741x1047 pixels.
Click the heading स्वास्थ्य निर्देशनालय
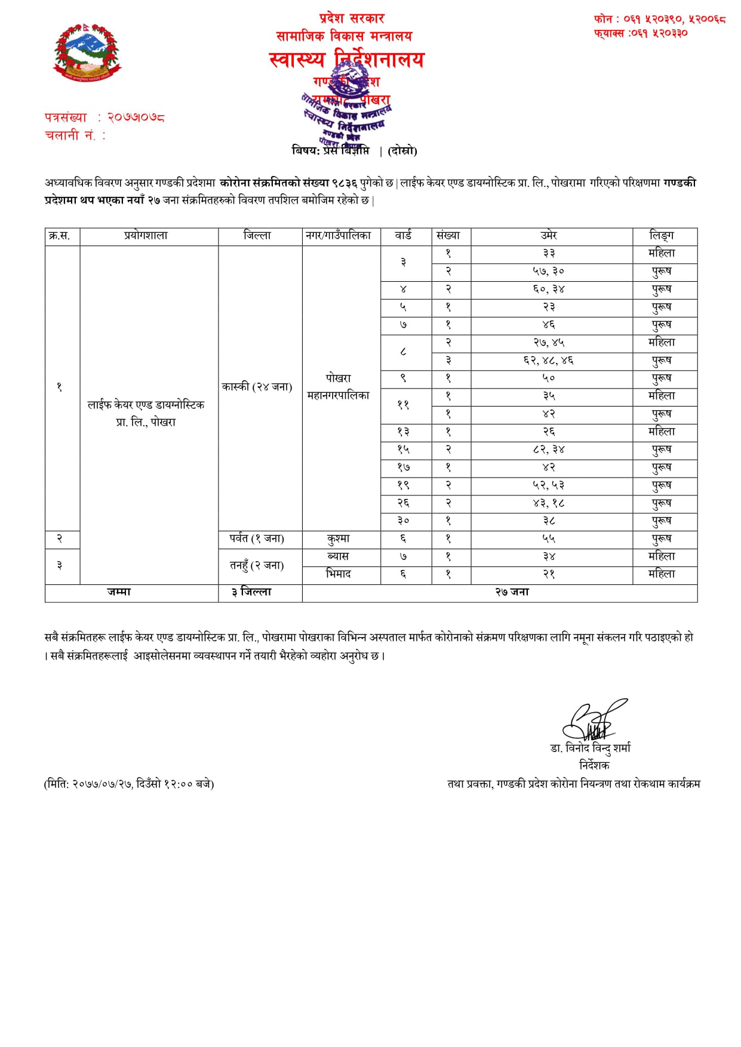coord(346,60)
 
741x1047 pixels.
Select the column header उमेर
coord(549,236)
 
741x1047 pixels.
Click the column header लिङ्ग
coord(662,236)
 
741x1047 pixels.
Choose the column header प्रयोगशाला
coord(146,236)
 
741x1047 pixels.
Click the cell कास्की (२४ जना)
coord(257,387)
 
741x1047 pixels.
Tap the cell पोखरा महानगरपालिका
coord(339,387)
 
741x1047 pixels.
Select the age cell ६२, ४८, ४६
coord(549,361)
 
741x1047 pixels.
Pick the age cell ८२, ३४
coord(549,449)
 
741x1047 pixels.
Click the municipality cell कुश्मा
coord(339,538)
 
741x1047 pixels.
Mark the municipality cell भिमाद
coord(339,574)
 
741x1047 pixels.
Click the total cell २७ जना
coord(512,592)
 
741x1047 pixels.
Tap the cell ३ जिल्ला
coord(251,592)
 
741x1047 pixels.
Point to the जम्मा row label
coord(119,592)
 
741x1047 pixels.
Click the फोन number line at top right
coord(659,20)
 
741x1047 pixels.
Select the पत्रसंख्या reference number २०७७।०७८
coord(136,118)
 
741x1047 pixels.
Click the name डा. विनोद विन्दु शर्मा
coord(591,749)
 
